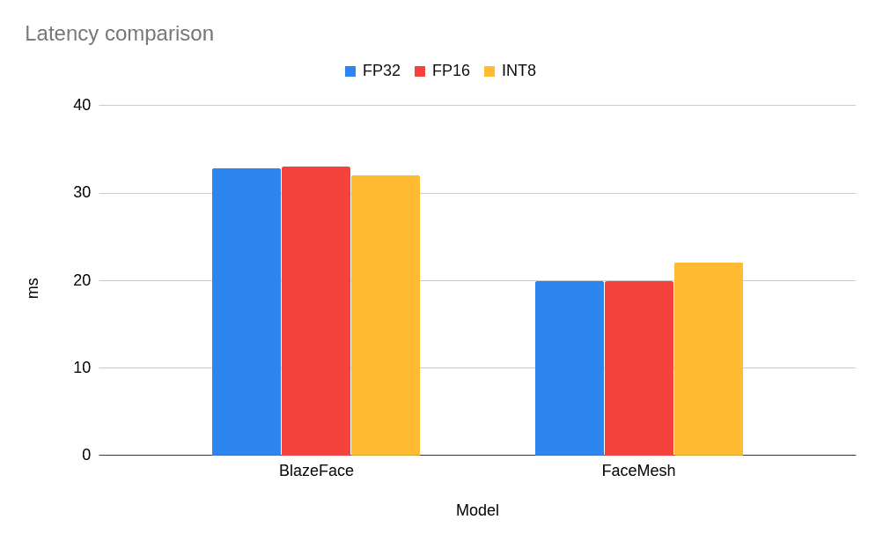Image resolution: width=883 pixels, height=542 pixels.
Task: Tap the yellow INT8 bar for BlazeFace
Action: pos(386,315)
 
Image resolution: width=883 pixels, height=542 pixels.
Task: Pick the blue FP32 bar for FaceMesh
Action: pos(570,368)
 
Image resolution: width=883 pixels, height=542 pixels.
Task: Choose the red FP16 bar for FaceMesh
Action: pos(639,368)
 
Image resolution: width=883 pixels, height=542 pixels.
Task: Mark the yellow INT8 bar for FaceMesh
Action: pos(709,359)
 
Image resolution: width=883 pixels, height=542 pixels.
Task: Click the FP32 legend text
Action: pos(381,71)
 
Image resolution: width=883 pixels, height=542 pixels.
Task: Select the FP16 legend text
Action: pos(451,71)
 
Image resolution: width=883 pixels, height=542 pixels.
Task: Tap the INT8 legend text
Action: pos(519,71)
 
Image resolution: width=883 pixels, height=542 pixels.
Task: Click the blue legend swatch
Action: pos(350,71)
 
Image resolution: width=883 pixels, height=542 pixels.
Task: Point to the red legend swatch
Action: pos(420,71)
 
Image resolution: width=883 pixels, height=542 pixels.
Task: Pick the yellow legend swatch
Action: pos(489,71)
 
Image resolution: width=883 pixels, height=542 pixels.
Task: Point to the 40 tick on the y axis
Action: pos(82,105)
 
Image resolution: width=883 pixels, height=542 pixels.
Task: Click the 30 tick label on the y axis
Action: pos(82,192)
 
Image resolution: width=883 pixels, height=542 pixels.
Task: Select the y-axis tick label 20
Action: pos(82,280)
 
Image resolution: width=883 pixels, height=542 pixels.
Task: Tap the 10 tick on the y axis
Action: pos(82,368)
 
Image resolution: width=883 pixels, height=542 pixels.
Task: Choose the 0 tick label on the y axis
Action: pos(86,455)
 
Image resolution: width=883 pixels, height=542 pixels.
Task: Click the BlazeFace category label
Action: pos(316,471)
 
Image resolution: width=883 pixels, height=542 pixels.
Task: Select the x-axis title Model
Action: pos(477,510)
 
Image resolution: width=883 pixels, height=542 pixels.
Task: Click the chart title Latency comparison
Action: pos(119,33)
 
